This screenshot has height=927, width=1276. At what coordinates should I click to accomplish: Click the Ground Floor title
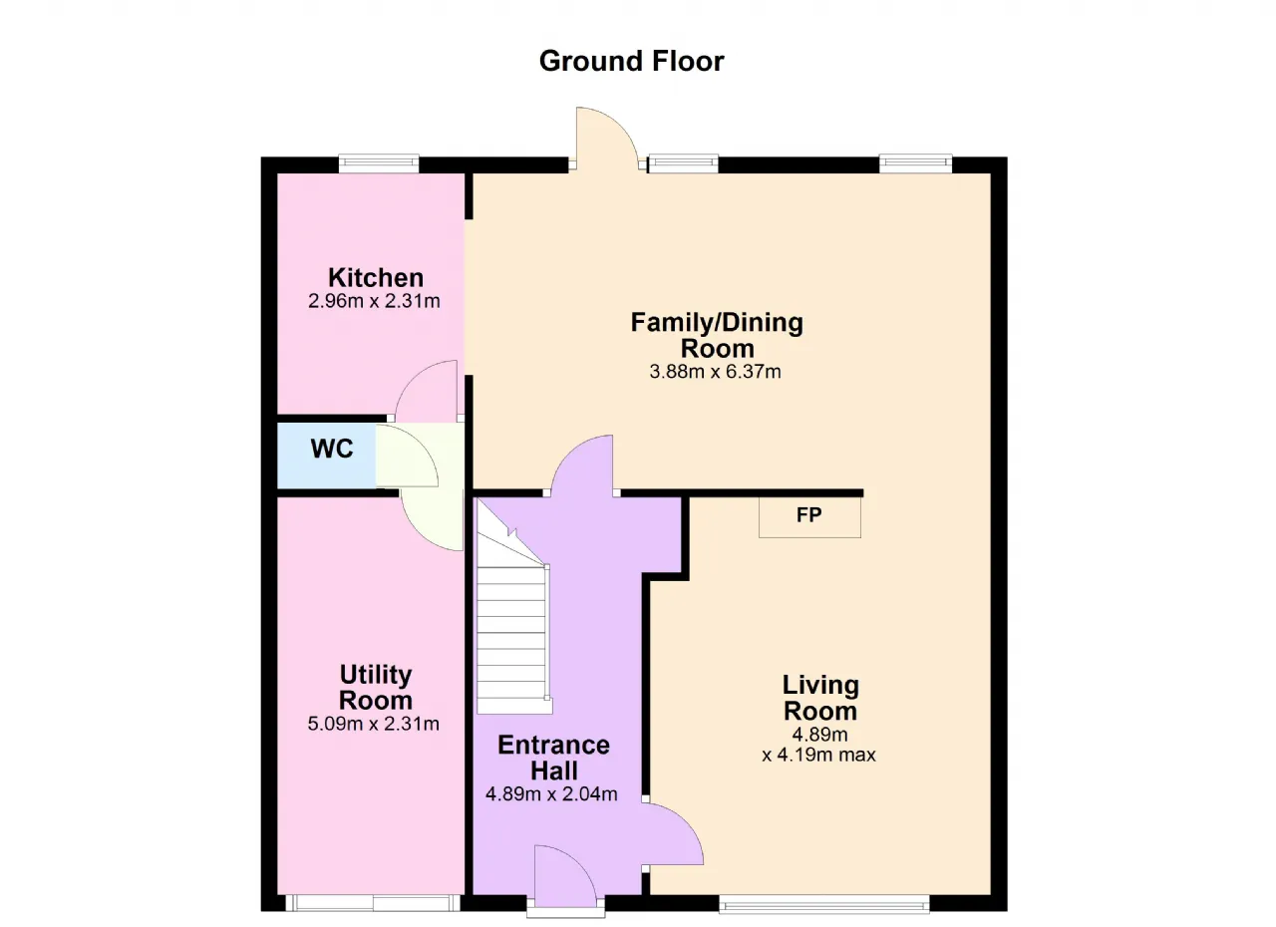631,61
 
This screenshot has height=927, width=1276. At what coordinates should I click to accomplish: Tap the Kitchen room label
376,278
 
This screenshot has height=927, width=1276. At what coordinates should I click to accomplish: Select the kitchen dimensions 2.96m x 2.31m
374,301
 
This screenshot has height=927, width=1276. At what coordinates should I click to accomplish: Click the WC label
332,449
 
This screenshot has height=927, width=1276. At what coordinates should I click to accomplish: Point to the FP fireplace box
809,517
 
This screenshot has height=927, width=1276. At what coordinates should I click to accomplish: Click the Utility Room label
376,688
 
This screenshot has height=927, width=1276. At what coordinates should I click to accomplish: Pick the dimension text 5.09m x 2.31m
374,724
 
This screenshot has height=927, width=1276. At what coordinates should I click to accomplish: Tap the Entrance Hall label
553,758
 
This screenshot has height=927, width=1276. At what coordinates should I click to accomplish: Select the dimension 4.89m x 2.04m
551,793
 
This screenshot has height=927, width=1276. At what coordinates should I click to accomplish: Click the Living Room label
820,698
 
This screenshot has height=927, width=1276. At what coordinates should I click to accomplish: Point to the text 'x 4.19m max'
819,755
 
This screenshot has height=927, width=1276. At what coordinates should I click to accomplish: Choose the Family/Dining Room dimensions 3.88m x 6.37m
716,372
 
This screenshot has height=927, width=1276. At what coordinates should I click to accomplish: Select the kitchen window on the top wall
379,163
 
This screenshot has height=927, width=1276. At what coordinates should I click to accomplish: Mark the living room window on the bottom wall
824,904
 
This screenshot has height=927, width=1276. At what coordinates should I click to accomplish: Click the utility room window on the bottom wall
373,903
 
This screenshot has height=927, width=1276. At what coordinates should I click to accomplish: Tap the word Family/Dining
717,323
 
